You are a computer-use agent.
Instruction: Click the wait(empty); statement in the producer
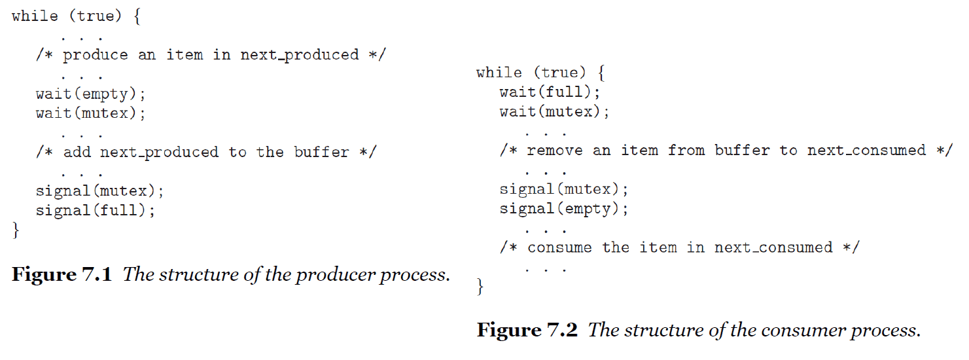click(91, 94)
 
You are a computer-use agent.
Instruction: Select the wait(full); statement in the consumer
click(550, 92)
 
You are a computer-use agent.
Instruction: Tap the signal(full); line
click(95, 211)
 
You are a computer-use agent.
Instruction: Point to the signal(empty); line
click(564, 209)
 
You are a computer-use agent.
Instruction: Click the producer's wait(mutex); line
click(91, 113)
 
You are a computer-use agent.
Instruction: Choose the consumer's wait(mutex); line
click(555, 112)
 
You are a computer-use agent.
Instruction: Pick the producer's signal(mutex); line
click(100, 191)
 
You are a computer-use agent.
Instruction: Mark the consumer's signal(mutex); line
click(564, 190)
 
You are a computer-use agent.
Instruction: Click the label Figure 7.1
click(62, 274)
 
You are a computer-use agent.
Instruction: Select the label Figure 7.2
click(527, 330)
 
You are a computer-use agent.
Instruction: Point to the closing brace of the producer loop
click(16, 230)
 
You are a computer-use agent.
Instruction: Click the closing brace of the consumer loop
click(480, 287)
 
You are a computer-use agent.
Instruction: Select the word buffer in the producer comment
click(321, 152)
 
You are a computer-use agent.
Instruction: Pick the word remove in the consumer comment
click(555, 151)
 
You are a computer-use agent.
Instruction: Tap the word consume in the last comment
click(559, 248)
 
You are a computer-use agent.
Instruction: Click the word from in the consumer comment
click(686, 150)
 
